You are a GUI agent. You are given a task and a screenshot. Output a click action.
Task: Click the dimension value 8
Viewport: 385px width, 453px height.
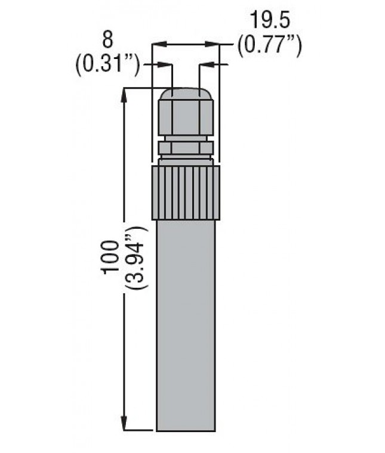click(x=107, y=40)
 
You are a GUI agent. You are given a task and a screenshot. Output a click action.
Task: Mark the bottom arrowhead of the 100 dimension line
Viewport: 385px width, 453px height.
click(x=125, y=425)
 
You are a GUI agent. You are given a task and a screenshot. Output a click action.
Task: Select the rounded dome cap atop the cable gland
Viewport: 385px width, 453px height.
click(x=186, y=94)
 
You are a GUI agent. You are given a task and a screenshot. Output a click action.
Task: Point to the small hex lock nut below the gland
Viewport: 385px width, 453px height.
click(x=186, y=147)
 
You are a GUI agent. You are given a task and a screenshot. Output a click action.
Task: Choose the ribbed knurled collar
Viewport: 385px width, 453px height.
click(x=186, y=193)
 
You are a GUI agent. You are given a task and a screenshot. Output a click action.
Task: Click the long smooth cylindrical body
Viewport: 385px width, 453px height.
click(x=186, y=322)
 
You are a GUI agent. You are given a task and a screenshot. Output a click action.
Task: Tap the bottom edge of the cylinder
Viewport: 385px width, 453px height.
click(x=186, y=430)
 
